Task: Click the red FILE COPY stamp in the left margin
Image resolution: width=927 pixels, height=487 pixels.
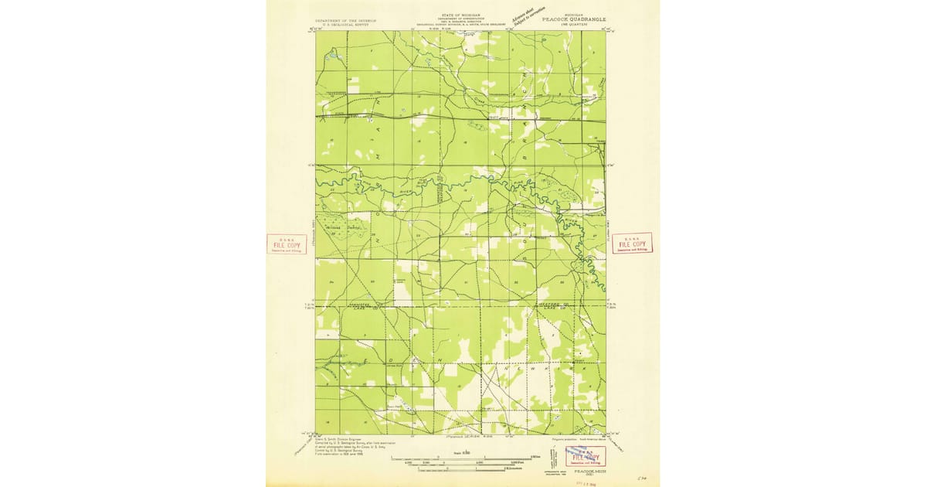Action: coord(286,243)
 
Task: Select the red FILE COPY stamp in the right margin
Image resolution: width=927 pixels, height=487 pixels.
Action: coord(631,243)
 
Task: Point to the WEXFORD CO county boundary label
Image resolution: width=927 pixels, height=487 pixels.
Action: coord(549,307)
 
